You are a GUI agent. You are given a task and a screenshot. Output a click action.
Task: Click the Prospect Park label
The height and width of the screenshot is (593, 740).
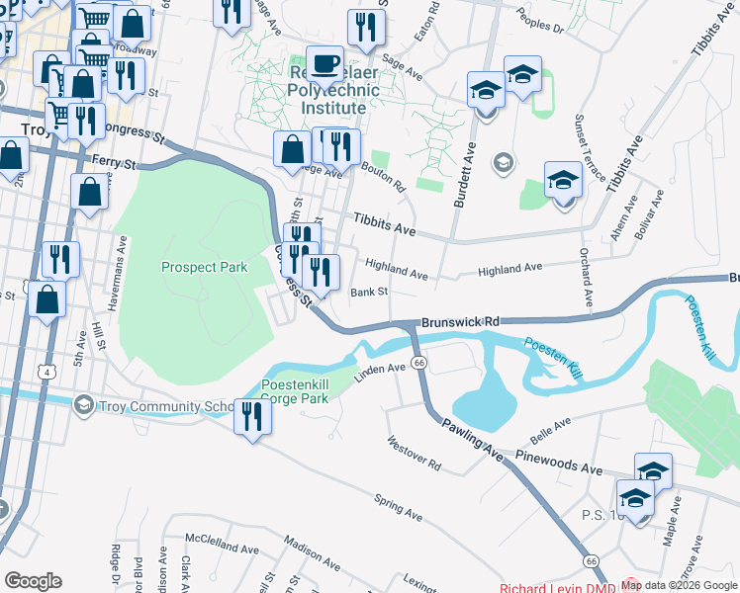204,267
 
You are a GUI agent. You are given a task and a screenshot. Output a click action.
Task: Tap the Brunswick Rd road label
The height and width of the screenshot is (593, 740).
460,322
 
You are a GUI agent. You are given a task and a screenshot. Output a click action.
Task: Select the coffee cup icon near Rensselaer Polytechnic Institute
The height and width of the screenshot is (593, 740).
324,65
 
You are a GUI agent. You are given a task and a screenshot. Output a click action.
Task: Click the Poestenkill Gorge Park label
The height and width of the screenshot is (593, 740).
294,391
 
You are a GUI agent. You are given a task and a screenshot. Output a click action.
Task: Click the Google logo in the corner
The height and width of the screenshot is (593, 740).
33,580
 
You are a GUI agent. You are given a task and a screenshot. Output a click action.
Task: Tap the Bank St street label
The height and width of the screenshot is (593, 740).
369,293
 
